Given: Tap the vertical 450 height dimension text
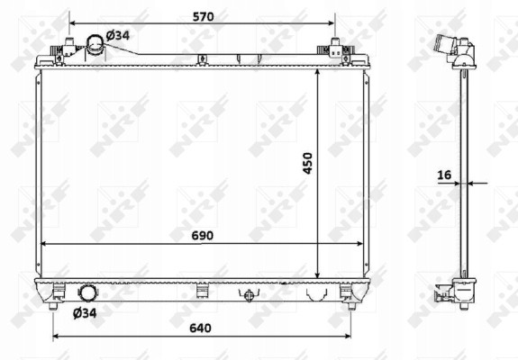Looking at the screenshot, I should click(x=307, y=163).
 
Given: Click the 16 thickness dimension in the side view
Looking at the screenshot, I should click(x=444, y=175).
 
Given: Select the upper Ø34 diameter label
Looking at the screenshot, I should click(x=118, y=35).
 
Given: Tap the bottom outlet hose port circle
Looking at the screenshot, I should click(x=90, y=293).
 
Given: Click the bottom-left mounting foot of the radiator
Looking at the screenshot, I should click(x=59, y=292).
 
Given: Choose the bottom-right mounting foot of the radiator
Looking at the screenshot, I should click(x=346, y=292).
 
